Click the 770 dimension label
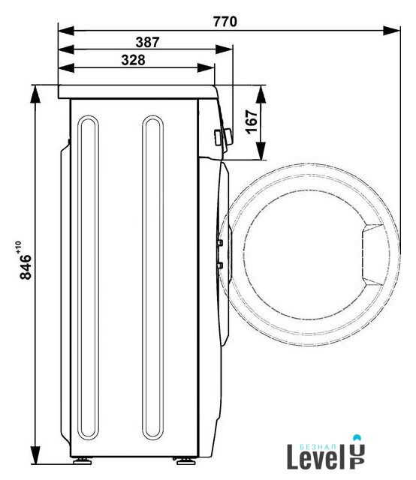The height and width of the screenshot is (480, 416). tap(225, 22)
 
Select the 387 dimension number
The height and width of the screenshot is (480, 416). tap(147, 42)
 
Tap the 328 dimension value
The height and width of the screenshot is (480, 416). tap(133, 60)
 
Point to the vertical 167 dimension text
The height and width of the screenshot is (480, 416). tap(252, 121)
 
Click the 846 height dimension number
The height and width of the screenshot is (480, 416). tap(26, 267)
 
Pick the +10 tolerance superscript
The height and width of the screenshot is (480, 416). tap(18, 247)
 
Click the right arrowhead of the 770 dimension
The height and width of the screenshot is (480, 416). tap(391, 31)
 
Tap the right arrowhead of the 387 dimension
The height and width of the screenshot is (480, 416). tap(224, 49)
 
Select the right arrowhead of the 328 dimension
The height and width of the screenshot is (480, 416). tap(206, 67)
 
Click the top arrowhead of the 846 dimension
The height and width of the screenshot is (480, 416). tap(35, 94)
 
